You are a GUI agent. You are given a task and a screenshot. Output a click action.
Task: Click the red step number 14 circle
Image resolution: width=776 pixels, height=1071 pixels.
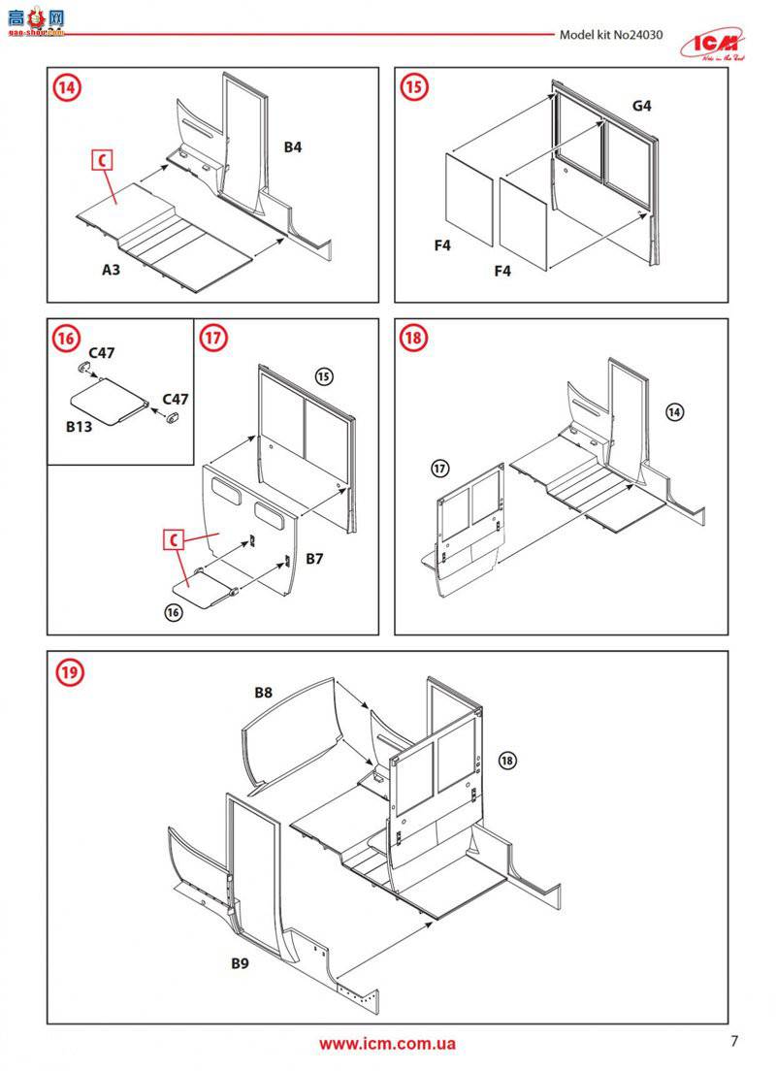click(x=67, y=87)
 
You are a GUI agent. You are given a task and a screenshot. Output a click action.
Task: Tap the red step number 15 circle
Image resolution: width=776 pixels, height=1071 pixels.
click(x=414, y=87)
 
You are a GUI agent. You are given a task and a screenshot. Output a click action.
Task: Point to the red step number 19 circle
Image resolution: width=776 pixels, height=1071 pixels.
click(x=68, y=671)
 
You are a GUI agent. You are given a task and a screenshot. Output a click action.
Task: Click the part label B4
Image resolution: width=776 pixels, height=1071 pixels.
click(x=293, y=147)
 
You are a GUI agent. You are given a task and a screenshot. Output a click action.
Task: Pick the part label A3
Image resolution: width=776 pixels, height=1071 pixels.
click(x=113, y=270)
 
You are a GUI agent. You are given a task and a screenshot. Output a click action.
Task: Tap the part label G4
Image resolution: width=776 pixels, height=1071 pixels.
click(x=641, y=105)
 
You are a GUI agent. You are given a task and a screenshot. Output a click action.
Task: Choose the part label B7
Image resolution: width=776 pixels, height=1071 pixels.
click(x=315, y=559)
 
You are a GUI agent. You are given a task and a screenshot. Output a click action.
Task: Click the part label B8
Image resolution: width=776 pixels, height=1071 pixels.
click(x=264, y=693)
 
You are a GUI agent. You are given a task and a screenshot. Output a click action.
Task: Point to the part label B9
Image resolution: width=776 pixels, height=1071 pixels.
click(x=241, y=963)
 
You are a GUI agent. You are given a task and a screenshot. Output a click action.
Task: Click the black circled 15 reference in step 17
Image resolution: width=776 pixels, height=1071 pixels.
click(x=324, y=375)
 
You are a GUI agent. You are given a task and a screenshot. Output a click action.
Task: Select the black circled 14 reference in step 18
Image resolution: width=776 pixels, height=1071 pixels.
click(x=675, y=412)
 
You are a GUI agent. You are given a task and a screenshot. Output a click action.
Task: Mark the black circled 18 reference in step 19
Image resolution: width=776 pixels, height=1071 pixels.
click(x=510, y=760)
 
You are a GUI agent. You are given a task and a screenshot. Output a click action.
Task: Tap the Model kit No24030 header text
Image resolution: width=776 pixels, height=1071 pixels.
click(x=611, y=35)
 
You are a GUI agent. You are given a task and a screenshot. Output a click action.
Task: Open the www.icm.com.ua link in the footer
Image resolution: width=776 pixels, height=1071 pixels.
click(x=387, y=1044)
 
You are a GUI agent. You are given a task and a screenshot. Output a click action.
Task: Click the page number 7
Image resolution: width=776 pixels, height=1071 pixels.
click(x=734, y=1042)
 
